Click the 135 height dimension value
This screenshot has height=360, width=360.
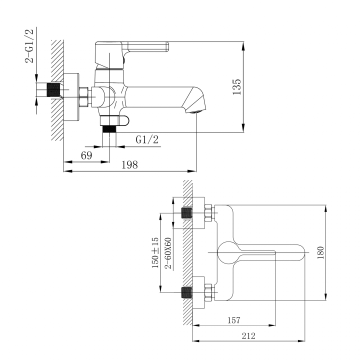coord(236,87)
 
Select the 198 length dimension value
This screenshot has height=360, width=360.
coord(129,165)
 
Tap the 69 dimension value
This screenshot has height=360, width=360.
coord(86,155)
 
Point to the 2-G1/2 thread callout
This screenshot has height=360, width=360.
coord(29,45)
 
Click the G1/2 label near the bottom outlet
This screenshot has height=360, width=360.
coord(147,139)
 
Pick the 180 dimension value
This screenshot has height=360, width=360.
coord(320,253)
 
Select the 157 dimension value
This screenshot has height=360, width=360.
coord(233,320)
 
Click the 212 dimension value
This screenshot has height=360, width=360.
coord(248,336)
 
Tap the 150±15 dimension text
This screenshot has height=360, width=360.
coord(155,253)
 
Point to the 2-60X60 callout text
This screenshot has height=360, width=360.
coord(168,253)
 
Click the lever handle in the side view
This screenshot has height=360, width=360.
coord(145,47)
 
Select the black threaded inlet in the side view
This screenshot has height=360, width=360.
coord(53,89)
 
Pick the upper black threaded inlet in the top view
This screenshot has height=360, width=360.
coord(186,213)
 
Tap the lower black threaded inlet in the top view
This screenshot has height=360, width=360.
coord(186,292)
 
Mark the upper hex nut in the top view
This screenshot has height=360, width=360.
coord(208,213)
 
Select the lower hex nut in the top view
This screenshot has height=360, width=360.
coord(208,292)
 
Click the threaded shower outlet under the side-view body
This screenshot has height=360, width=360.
coord(109,129)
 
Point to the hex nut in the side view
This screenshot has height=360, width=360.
coord(83,97)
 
